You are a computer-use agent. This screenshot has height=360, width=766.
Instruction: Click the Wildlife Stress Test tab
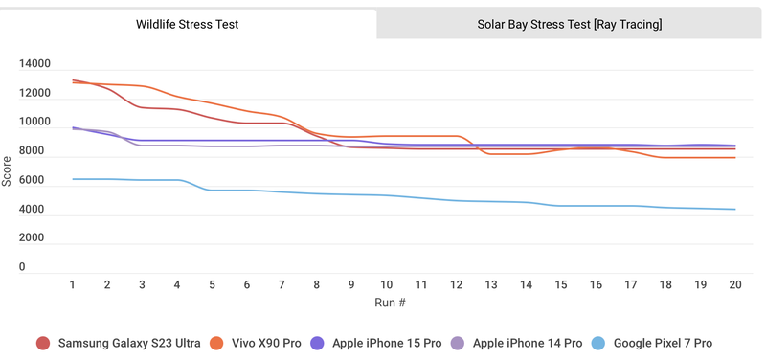[187, 24]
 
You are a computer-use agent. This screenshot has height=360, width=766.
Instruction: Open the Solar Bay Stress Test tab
[570, 24]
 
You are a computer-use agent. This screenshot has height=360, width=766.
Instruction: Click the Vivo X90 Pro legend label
[264, 343]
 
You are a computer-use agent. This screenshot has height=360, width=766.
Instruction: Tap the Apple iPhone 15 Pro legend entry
[387, 343]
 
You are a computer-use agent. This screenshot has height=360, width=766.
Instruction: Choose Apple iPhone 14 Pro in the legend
[526, 343]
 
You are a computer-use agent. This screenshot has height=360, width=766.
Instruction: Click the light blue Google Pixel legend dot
[598, 343]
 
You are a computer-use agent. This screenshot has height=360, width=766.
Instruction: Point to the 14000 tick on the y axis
[34, 64]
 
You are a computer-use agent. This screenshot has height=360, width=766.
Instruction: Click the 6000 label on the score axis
[34, 180]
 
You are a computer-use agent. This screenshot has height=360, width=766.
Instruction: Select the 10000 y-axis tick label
[34, 123]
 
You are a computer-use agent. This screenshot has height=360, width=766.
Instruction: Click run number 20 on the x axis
[734, 285]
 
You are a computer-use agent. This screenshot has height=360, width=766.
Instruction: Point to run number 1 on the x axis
[73, 285]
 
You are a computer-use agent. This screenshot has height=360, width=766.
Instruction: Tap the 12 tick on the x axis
[456, 285]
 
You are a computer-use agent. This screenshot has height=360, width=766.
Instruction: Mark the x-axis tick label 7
[282, 285]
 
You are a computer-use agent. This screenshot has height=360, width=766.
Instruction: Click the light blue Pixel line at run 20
[734, 210]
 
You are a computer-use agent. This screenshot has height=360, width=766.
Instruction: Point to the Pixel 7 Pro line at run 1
[73, 179]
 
